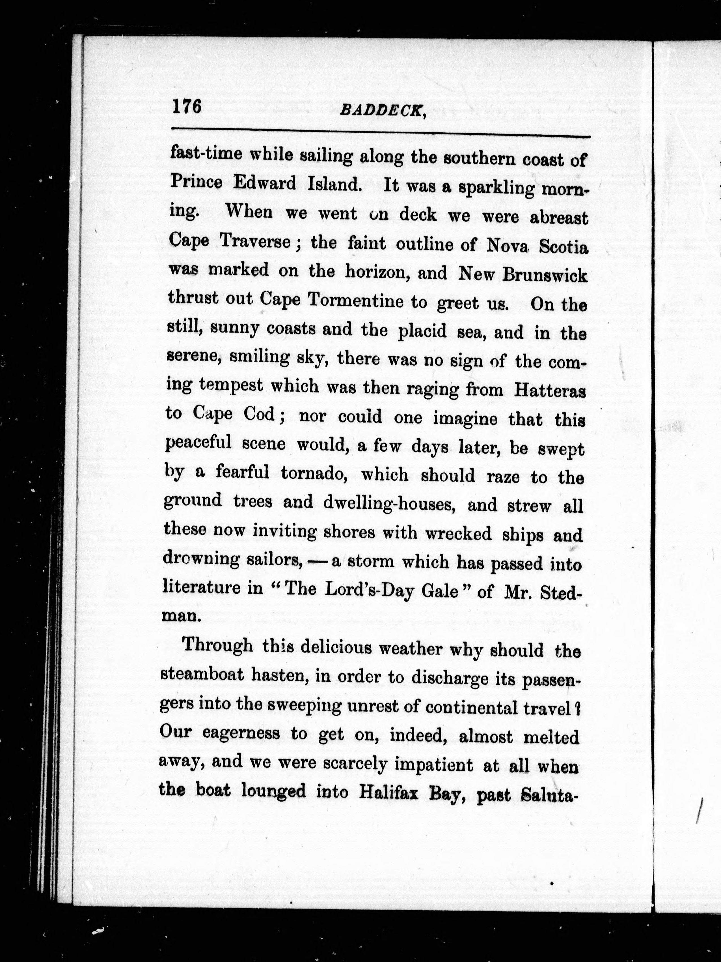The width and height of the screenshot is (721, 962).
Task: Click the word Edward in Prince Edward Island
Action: click(265, 184)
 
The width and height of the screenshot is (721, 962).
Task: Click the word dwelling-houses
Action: click(389, 503)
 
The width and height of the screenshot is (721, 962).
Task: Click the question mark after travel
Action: click(578, 708)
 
